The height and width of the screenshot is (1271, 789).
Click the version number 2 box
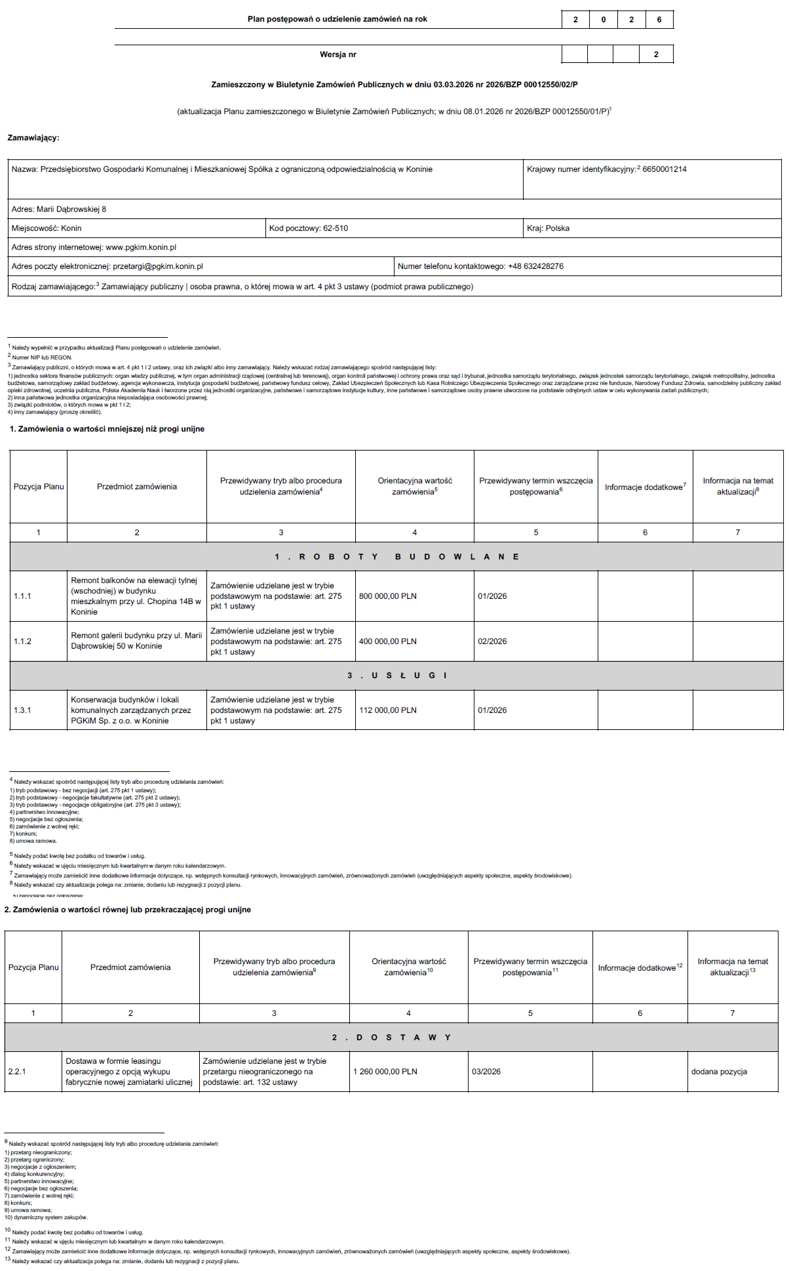point(656,54)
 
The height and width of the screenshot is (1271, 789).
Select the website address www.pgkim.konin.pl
point(141,247)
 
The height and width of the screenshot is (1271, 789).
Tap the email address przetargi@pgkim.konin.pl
point(158,266)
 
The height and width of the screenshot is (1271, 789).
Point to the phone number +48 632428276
point(535,266)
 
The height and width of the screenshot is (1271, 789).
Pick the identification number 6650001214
point(664,169)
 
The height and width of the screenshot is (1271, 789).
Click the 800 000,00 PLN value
point(388,596)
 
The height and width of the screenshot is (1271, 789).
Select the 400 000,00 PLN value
point(388,641)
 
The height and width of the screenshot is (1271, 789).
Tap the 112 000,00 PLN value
point(388,710)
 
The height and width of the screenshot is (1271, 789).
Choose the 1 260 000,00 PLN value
point(385,1072)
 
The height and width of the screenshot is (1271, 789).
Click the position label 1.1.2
point(23,641)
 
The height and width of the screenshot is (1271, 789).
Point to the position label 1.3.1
point(23,710)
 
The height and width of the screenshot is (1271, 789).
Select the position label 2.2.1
point(17,1072)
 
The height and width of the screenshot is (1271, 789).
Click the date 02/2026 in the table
point(492,641)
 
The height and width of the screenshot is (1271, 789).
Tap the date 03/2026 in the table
point(486,1072)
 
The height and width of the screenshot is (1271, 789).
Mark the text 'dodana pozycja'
point(719,1072)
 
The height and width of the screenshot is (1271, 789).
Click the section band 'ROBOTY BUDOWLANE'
point(396,557)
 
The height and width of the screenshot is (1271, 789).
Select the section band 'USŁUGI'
point(396,676)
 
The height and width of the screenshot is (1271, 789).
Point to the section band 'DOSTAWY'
point(391,1038)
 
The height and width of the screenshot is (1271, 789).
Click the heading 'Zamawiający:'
point(33,138)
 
